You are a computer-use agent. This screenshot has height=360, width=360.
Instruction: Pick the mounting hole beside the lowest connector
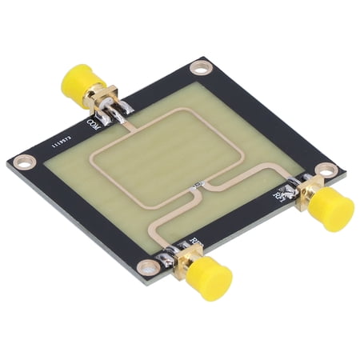145,268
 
